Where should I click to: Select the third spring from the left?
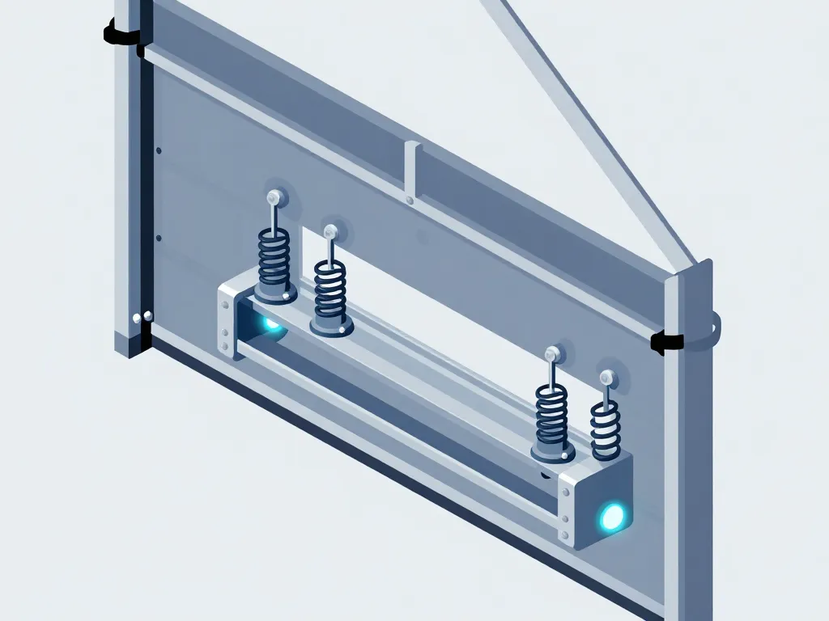pyautogui.click(x=551, y=413)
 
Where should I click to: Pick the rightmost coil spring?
pyautogui.click(x=605, y=426)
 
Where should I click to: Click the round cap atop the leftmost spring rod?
pyautogui.click(x=274, y=196)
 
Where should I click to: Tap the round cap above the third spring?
pyautogui.click(x=554, y=353)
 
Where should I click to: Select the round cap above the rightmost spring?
pyautogui.click(x=606, y=376)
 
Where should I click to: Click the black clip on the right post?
pyautogui.click(x=667, y=342)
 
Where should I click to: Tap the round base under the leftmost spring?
pyautogui.click(x=274, y=293)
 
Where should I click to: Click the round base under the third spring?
pyautogui.click(x=552, y=454)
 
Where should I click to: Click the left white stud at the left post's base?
pyautogui.click(x=134, y=318)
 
